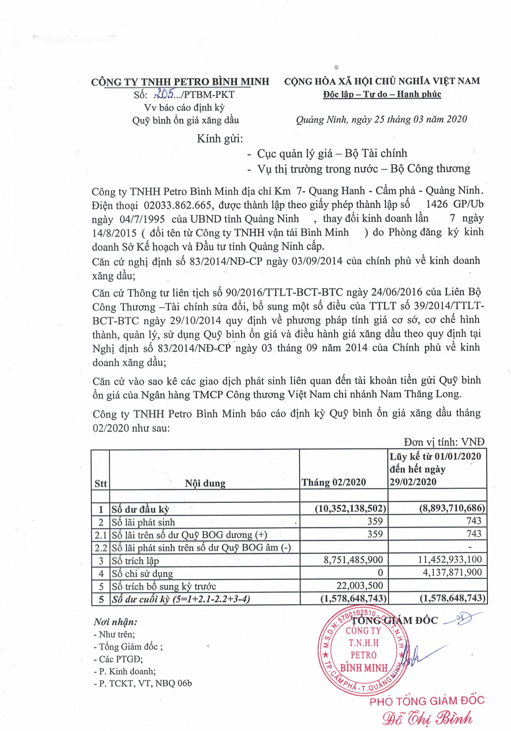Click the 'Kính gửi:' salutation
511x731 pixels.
[x=220, y=139]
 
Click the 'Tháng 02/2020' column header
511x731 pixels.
[x=334, y=482]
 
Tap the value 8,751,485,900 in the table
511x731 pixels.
[x=353, y=560]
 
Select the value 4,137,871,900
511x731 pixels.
[x=452, y=572]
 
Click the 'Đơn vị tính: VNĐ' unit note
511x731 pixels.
[x=444, y=442]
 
